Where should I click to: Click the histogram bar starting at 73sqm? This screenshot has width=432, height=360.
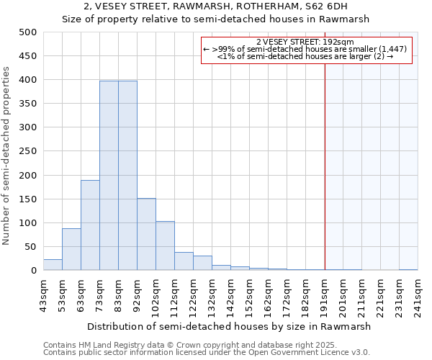pyautogui.click(x=109, y=176)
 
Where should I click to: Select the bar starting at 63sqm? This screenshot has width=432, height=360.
pyautogui.click(x=90, y=225)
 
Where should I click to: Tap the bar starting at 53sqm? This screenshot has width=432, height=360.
pyautogui.click(x=71, y=249)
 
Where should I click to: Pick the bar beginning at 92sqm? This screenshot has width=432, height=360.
pyautogui.click(x=146, y=234)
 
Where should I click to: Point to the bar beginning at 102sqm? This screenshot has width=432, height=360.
pyautogui.click(x=165, y=246)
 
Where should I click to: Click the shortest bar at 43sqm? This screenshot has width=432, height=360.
pyautogui.click(x=53, y=265)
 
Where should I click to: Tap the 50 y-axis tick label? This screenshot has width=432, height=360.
pyautogui.click(x=30, y=247)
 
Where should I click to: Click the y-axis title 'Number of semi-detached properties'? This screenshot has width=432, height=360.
pyautogui.click(x=6, y=156)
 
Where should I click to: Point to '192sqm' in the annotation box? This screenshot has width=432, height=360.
pyautogui.click(x=338, y=42)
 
